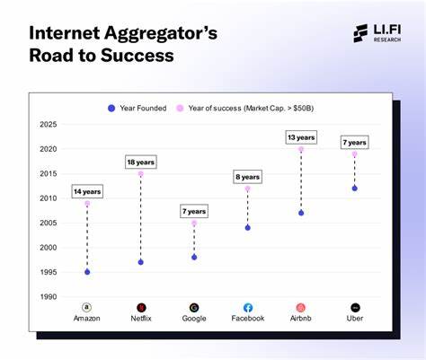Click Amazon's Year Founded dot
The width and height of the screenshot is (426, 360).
pos(87,272)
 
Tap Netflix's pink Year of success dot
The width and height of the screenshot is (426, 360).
pos(140,174)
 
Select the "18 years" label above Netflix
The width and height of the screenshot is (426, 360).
pos(140,162)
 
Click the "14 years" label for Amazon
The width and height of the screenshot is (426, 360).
pos(87,191)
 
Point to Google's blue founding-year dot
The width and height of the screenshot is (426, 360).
pos(194,257)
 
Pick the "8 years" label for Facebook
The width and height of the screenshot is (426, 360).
pos(248,177)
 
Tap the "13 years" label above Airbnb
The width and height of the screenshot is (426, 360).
pos(301,137)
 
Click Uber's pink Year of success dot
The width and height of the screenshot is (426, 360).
pos(355,154)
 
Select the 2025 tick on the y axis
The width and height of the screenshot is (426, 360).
pos(49,125)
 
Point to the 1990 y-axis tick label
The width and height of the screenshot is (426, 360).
pos(49,297)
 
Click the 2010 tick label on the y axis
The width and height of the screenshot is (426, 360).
pos(49,198)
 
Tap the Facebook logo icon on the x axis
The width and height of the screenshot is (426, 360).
pos(248,307)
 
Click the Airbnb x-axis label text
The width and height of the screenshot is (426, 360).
pos(301,320)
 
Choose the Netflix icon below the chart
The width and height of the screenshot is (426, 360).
pos(140,307)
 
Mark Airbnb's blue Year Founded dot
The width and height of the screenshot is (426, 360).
pos(301,213)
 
